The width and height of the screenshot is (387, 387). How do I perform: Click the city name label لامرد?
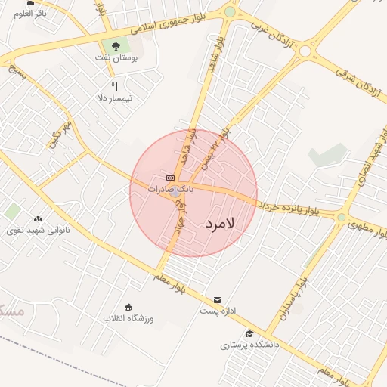(x=220, y=224)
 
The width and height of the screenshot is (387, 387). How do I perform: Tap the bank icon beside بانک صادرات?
(x=170, y=178)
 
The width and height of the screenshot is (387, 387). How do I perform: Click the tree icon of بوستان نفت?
(x=116, y=46)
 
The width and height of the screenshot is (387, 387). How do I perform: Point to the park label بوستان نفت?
(x=115, y=57)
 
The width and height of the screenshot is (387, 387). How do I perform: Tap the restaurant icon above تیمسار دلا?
(x=115, y=86)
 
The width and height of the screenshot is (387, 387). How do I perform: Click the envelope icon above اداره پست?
(x=218, y=300)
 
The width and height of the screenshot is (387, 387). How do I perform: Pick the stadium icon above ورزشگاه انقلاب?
(x=128, y=307)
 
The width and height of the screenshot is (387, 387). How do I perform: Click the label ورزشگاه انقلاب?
(x=128, y=318)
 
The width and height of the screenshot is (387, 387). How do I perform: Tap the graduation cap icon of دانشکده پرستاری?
(x=249, y=333)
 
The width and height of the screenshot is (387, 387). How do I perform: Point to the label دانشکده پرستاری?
(x=250, y=345)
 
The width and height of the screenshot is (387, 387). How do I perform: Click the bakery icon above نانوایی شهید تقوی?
(x=38, y=218)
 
